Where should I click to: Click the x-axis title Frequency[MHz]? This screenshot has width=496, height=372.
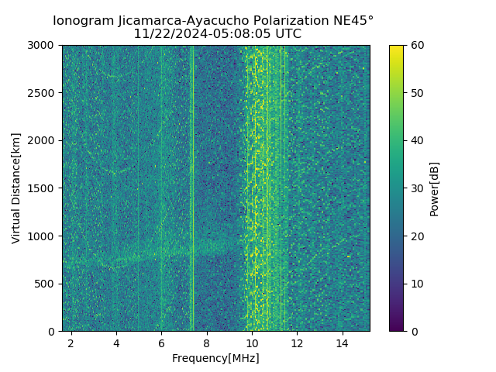[x=215, y=358]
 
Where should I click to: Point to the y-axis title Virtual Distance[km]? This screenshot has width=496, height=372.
[x=16, y=188]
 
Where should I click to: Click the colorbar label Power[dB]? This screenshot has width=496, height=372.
[x=435, y=188]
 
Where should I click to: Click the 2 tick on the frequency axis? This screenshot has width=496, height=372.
[x=71, y=343]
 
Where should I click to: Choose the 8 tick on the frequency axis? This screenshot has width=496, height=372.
[x=207, y=343]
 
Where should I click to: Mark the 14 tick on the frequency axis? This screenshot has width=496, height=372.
[x=342, y=343]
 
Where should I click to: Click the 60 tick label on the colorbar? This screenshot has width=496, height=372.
[x=416, y=45]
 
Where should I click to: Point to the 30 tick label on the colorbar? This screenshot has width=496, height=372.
[x=416, y=188]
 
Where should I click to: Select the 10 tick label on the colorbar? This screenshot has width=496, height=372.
[x=416, y=284]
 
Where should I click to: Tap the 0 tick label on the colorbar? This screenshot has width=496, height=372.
[x=413, y=331]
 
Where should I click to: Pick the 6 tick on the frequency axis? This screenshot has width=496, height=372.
[x=161, y=343]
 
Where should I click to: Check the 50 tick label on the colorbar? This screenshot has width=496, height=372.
[x=416, y=93]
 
